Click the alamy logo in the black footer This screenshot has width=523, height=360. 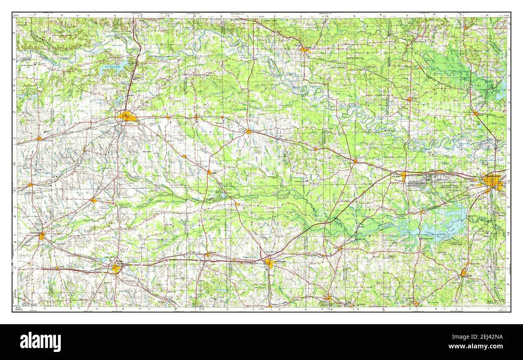point(41,341)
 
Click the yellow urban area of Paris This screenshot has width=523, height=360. point(127,117)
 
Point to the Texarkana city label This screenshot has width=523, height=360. point(493,176)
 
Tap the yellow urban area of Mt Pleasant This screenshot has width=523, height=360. point(269,263)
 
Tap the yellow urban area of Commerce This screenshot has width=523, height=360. point(42,236)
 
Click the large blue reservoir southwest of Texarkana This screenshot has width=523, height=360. point(439,225)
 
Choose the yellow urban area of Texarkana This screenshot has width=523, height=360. point(493,182)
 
